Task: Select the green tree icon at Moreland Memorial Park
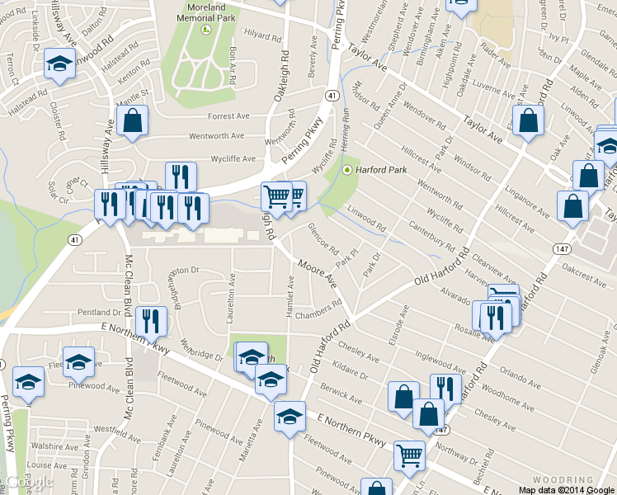[206, 30]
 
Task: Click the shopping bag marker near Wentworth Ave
[132, 122]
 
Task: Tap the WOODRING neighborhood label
[563, 479]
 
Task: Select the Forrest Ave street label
[228, 116]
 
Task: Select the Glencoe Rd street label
[323, 238]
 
